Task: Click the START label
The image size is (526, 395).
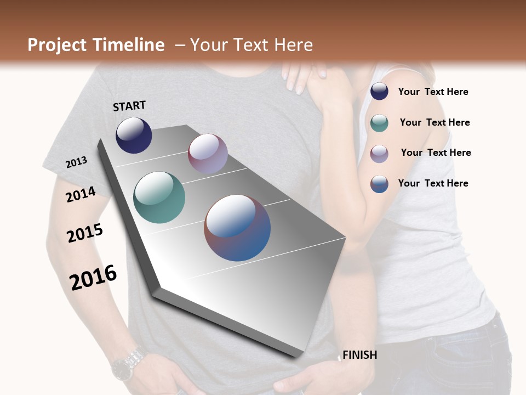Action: (129, 106)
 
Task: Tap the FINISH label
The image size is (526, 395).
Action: (359, 355)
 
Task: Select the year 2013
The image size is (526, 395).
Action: (76, 162)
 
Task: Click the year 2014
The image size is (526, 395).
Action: (81, 195)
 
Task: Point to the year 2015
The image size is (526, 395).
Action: (85, 233)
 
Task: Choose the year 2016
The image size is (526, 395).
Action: (93, 278)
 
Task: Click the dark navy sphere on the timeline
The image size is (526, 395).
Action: (134, 135)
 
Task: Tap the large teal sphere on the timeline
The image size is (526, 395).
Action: (159, 198)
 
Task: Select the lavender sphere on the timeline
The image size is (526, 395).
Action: (208, 154)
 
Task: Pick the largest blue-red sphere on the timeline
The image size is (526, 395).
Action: (237, 228)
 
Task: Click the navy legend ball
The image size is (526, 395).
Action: (379, 92)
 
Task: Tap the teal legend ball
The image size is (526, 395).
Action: (379, 122)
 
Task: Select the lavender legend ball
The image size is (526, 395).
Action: (379, 153)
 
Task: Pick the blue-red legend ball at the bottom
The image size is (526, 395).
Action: (379, 184)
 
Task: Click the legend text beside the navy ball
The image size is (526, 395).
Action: (433, 92)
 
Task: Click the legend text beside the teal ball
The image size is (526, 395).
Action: (434, 122)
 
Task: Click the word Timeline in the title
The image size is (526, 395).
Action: (129, 45)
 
